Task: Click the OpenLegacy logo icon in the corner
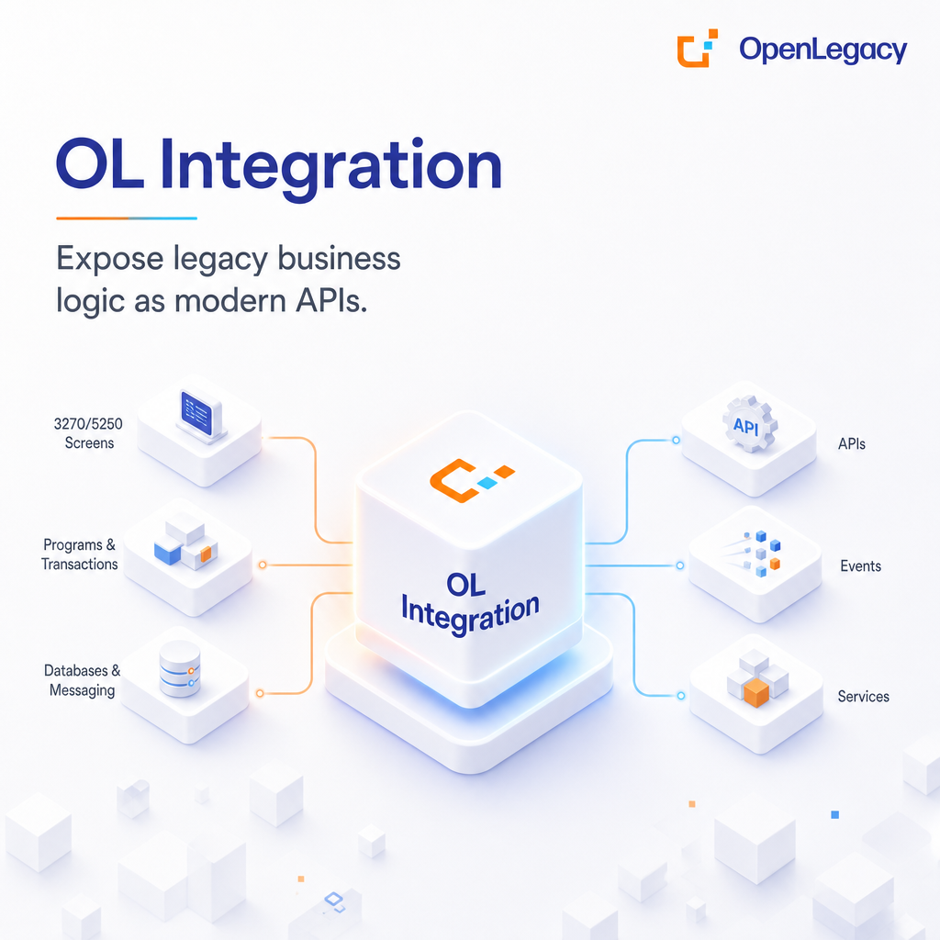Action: coord(698,48)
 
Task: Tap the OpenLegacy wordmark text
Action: coord(822,50)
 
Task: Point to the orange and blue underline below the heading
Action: coord(127,218)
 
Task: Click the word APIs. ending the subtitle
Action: coord(331,300)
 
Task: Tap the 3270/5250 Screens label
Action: coord(88,433)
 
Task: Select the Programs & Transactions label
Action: coord(79,554)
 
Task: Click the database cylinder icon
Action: coord(180,669)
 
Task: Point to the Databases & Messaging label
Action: coord(82,680)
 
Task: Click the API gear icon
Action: coord(749,424)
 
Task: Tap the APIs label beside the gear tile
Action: coord(852,444)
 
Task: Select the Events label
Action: coord(860,565)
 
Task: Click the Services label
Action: coord(863,697)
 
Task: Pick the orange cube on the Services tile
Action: coord(756,692)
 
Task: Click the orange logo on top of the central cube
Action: coord(472,480)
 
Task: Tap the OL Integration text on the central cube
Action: coord(470,603)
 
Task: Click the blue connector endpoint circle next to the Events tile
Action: coord(680,565)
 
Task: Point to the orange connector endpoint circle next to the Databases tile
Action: coord(260,694)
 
